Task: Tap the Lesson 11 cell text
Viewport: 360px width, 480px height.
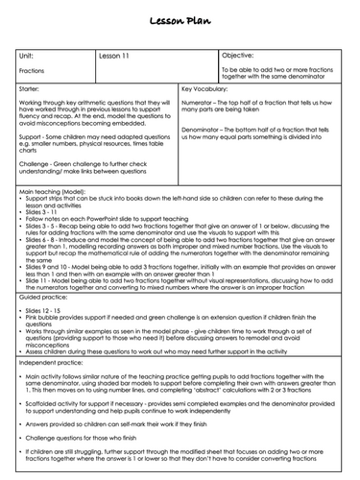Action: pos(117,56)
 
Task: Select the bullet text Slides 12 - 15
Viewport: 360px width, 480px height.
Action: pos(48,313)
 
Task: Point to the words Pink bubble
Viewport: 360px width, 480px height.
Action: pos(46,321)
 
